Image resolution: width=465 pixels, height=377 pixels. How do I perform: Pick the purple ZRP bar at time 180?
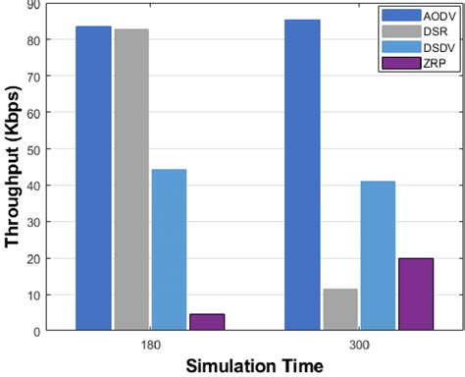click(x=206, y=322)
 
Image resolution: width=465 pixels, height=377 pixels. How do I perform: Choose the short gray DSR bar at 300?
click(x=339, y=309)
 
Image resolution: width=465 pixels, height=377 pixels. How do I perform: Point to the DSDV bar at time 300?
click(x=377, y=256)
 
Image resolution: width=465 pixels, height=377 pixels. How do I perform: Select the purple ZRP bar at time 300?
click(x=414, y=295)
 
